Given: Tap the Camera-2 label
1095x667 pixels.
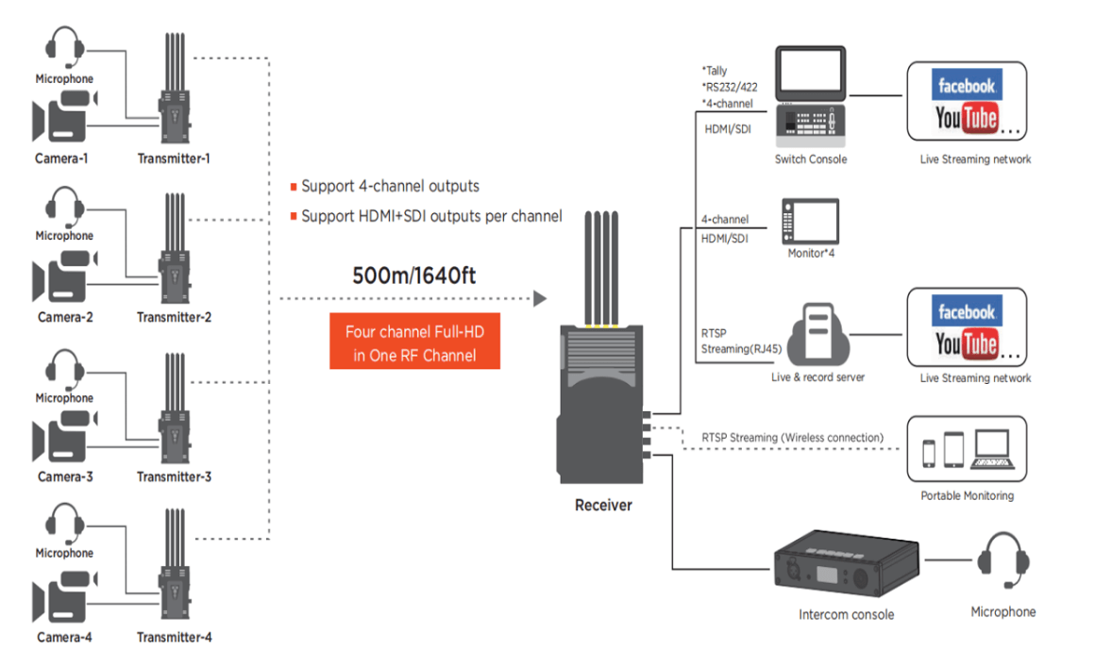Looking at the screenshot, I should pyautogui.click(x=65, y=317).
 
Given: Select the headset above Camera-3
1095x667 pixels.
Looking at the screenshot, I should pyautogui.click(x=65, y=367).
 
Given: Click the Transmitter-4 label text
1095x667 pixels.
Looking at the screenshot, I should pyautogui.click(x=174, y=637).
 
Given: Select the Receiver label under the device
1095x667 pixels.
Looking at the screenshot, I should pyautogui.click(x=603, y=505).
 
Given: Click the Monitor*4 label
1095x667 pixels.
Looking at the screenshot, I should pyautogui.click(x=811, y=253).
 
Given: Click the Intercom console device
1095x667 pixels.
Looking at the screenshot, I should pyautogui.click(x=846, y=565).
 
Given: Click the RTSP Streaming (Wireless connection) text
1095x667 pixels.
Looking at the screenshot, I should pyautogui.click(x=792, y=438).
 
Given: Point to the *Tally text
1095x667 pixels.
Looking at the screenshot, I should pyautogui.click(x=716, y=70).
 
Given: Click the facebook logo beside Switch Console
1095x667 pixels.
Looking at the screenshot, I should pyautogui.click(x=966, y=86).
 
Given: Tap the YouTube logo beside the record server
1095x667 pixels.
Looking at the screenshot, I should pyautogui.click(x=967, y=344).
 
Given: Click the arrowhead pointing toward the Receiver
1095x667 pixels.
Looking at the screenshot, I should pyautogui.click(x=540, y=299).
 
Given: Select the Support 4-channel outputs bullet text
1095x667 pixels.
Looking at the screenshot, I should pyautogui.click(x=390, y=186).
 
